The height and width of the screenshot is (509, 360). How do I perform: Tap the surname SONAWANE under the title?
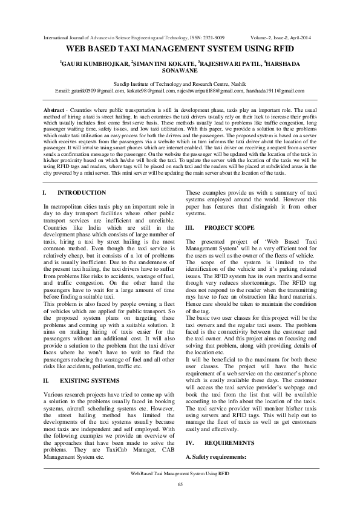coord(180,71)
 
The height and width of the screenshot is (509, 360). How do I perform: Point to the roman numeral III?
coord(189,227)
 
